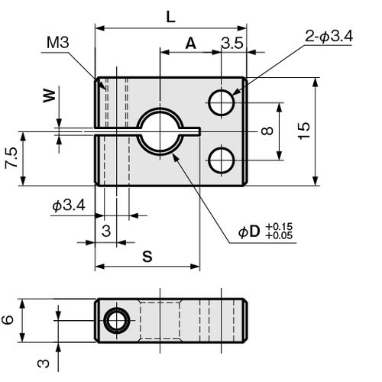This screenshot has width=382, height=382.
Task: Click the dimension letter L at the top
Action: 170,17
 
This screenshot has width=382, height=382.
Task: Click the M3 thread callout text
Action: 58,42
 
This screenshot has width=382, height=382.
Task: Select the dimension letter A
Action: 191,44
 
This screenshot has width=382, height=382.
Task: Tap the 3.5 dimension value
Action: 232,43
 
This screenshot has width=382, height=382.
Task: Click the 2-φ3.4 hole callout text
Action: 329,37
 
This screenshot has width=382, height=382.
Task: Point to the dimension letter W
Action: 50,95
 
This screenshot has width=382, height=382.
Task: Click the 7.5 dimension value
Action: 11,157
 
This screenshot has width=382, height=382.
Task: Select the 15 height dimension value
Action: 304,131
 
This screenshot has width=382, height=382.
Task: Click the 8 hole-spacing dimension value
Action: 267,131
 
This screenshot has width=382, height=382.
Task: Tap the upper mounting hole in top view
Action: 222,102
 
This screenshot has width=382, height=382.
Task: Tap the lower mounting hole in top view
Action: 222,160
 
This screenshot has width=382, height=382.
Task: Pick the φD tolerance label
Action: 265,231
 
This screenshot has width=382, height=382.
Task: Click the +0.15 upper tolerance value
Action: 279,226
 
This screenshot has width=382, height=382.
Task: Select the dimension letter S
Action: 147,256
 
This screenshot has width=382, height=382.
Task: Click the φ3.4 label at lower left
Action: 69,206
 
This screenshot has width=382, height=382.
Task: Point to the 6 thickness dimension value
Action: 8,320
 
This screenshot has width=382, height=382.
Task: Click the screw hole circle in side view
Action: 117,320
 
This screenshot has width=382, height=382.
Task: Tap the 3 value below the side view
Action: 44,364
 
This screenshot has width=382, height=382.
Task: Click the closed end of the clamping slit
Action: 200,131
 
